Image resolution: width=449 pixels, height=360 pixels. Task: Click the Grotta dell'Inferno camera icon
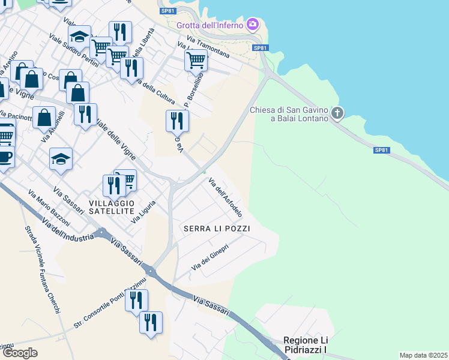click(253, 25)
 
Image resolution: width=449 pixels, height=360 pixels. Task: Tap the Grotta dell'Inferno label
click(210, 25)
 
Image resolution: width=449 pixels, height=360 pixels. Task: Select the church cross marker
click(337, 113)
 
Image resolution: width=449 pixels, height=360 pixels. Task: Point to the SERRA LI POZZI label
click(216, 229)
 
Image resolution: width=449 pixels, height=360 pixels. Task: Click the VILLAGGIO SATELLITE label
click(111, 207)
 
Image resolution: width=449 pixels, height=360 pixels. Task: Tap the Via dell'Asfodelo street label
click(225, 197)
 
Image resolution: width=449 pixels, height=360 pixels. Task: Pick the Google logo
click(20, 353)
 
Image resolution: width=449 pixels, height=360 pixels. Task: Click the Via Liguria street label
click(143, 211)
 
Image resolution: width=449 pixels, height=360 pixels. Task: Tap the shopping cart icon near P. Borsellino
click(196, 60)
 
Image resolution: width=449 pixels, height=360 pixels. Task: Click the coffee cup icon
click(5, 157)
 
